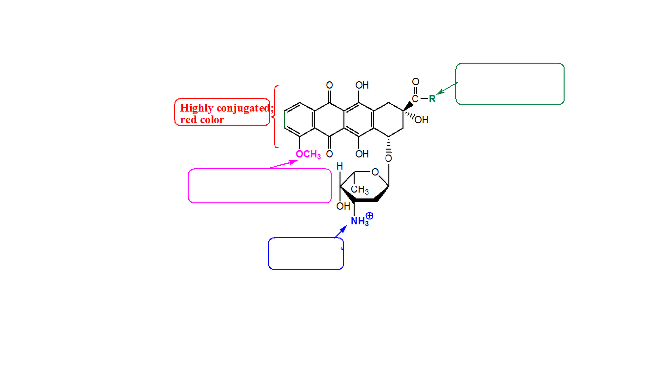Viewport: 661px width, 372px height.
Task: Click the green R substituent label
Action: pyautogui.click(x=432, y=98)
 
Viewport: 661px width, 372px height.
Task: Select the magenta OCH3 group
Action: pyautogui.click(x=308, y=155)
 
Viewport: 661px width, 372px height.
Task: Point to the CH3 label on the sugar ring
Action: pyautogui.click(x=359, y=190)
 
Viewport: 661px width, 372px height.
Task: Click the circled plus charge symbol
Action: pyautogui.click(x=369, y=216)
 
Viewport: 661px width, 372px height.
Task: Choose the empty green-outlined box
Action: pyautogui.click(x=510, y=84)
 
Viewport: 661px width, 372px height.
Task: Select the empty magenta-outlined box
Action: pyautogui.click(x=260, y=186)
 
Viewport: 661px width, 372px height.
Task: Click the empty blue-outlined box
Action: pyautogui.click(x=306, y=253)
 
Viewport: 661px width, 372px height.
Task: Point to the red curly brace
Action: pyautogui.click(x=275, y=117)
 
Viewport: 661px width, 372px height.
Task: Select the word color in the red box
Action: pyautogui.click(x=212, y=120)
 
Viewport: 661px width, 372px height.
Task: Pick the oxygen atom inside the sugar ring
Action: pyautogui.click(x=375, y=172)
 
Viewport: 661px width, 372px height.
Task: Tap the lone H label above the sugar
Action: pyautogui.click(x=340, y=167)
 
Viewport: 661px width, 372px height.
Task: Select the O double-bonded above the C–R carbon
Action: pyautogui.click(x=415, y=82)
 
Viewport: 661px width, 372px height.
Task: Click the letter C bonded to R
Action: pyautogui.click(x=415, y=99)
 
